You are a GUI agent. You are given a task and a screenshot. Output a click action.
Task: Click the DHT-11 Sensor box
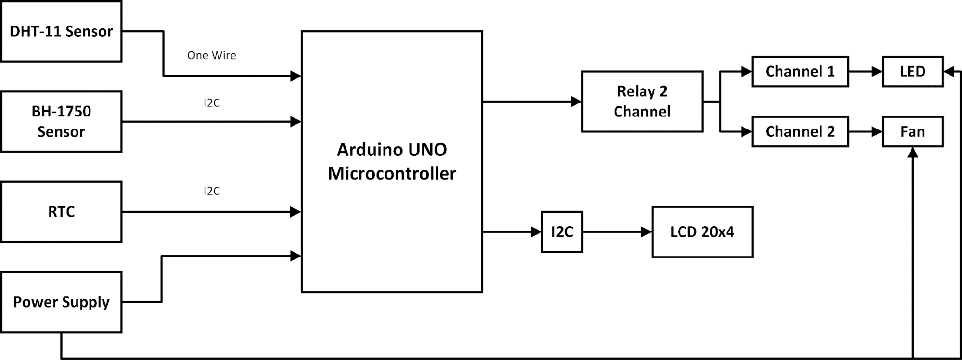coord(61,31)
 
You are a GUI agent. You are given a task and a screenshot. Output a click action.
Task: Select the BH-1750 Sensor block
coord(61,121)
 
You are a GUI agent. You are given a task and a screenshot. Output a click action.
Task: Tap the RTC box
coord(61,212)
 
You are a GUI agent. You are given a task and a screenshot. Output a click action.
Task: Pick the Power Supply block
coord(61,302)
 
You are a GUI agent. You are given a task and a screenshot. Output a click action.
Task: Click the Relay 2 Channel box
coord(642,102)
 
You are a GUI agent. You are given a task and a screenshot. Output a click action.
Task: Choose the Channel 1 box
coord(800,72)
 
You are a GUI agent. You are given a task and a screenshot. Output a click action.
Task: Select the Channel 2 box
coord(800,131)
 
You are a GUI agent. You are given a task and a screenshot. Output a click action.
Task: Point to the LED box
coord(912,72)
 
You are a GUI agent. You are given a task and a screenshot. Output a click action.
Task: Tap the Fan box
coord(912,131)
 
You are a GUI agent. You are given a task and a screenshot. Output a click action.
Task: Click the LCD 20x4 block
coord(702,232)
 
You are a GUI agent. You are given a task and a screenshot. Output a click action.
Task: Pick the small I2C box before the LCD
coord(562,232)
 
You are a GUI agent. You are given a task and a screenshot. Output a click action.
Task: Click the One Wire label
coord(212,55)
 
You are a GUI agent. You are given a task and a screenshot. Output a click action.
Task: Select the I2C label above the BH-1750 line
coord(212,103)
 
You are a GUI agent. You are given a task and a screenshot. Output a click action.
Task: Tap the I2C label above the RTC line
coord(212,191)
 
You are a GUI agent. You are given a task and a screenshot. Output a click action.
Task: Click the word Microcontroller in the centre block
coord(392,173)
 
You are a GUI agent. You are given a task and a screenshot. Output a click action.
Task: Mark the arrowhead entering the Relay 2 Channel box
coord(576,102)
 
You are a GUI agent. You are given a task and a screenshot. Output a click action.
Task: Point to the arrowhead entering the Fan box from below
coord(912,153)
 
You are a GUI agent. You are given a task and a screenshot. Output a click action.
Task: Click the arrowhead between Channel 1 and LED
coord(877,72)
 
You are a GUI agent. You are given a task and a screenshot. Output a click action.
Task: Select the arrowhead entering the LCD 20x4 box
coord(646,232)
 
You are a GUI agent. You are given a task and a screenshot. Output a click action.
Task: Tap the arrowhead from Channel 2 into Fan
coord(877,131)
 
